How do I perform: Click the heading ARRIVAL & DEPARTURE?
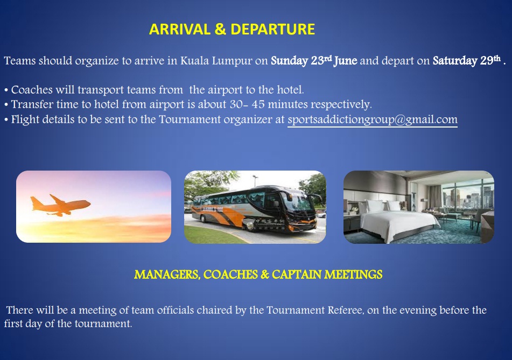pos(232,29)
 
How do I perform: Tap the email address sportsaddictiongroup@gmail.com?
pos(373,119)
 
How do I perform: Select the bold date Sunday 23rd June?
pos(314,60)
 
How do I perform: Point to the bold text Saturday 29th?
pos(467,60)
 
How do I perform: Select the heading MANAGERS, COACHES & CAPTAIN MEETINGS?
pos(258,274)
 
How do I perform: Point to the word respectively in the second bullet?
pos(341,104)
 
